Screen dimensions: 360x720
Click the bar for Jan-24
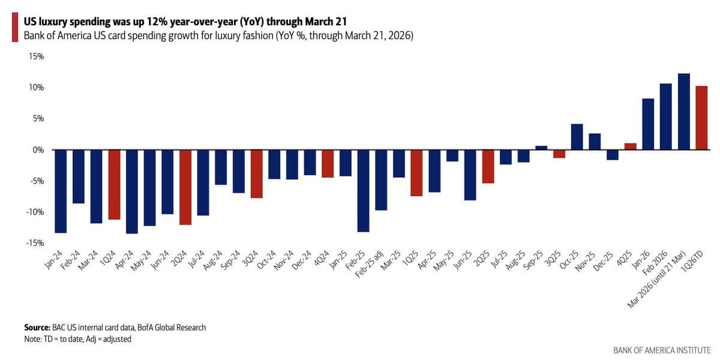pyautogui.click(x=61, y=191)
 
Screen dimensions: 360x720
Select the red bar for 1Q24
pyautogui.click(x=114, y=184)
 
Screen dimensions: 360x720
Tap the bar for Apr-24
pyautogui.click(x=132, y=191)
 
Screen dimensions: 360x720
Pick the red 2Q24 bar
pyautogui.click(x=185, y=187)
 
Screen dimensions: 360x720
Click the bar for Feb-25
pyautogui.click(x=363, y=190)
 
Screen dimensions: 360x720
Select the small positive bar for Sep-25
pyautogui.click(x=541, y=148)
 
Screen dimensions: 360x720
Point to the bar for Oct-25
pyautogui.click(x=577, y=137)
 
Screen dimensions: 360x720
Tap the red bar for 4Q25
pyautogui.click(x=630, y=146)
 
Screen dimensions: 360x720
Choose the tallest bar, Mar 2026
pyautogui.click(x=683, y=112)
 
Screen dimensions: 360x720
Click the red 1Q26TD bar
pyautogui.click(x=701, y=118)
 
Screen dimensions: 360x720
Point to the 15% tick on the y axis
pyautogui.click(x=36, y=56)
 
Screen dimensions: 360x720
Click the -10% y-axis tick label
pyautogui.click(x=35, y=212)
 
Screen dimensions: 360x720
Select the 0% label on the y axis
pyautogui.click(x=38, y=149)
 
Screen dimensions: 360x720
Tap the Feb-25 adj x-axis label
pyautogui.click(x=373, y=263)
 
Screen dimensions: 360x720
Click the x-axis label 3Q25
pyautogui.click(x=557, y=257)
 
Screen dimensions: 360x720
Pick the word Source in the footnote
pyautogui.click(x=37, y=328)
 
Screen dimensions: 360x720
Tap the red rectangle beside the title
pyautogui.click(x=14, y=28)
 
